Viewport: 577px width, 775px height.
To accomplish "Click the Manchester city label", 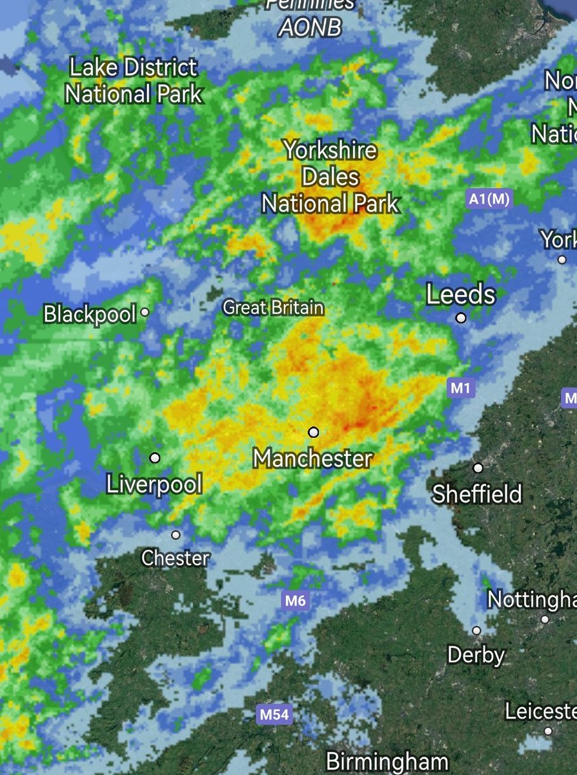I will coord(313,459).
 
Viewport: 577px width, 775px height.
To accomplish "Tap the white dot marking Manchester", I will coord(314,431).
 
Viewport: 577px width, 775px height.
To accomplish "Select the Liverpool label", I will coord(155,484).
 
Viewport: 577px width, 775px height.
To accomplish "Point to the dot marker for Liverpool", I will coord(155,458).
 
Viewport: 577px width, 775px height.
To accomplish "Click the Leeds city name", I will coord(461,295).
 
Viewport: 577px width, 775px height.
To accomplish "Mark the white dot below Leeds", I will coord(461,318).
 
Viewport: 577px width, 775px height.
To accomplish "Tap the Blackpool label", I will coord(90,315).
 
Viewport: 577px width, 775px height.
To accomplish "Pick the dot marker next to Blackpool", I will coord(145,312).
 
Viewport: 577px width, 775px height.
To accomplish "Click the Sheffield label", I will coord(477,495).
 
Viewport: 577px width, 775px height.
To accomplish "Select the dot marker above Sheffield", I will coord(478,468).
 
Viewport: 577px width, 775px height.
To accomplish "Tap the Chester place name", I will coord(176,558).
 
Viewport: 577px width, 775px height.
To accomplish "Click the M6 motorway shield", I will coord(295,601).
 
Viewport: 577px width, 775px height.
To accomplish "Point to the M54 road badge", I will coord(274,715).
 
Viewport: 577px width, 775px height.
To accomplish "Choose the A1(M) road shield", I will coord(489,200).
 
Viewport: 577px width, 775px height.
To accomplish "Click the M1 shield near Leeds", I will coord(461,388).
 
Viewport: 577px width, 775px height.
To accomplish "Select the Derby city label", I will coord(476,655).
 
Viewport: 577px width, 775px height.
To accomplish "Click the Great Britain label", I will coord(274,308).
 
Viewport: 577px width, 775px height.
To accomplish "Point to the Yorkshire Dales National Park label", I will coord(330,178).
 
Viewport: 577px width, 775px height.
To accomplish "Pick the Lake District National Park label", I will coord(134,81).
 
